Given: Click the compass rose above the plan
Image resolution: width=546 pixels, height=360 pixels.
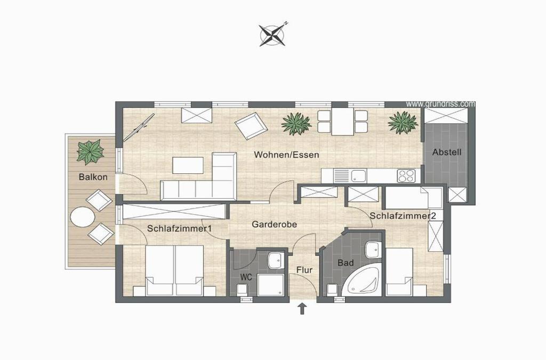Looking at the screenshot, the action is (272, 35).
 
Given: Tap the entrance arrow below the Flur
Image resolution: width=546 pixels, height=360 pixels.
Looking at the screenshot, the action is (302, 309).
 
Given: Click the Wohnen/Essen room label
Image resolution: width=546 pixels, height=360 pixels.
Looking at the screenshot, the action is (286, 155).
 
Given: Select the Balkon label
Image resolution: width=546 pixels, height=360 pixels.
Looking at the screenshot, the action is (93, 177).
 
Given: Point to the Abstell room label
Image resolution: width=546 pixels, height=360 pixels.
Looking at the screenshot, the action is (447, 152).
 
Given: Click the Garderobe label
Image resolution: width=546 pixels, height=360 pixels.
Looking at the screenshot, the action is (275, 224).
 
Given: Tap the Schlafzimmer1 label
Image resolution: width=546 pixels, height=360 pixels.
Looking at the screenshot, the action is (179, 229).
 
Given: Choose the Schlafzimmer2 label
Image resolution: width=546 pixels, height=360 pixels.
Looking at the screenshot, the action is (403, 216).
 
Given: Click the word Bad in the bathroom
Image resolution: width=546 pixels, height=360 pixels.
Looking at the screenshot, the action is (346, 263).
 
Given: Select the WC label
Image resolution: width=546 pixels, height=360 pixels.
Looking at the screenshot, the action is (246, 278).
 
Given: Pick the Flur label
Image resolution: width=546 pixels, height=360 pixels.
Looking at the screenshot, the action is (304, 270).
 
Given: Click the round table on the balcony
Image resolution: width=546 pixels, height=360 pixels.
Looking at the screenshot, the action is (83, 217).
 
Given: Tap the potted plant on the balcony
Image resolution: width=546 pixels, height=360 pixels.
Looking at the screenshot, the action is (90, 152).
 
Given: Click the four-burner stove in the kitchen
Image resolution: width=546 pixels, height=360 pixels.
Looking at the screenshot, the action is (406, 175).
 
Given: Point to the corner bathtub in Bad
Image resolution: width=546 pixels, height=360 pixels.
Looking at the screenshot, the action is (362, 282).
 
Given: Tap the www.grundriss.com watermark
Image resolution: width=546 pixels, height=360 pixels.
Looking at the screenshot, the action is (440, 104).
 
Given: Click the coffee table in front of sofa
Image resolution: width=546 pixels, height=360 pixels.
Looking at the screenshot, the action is (188, 165).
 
